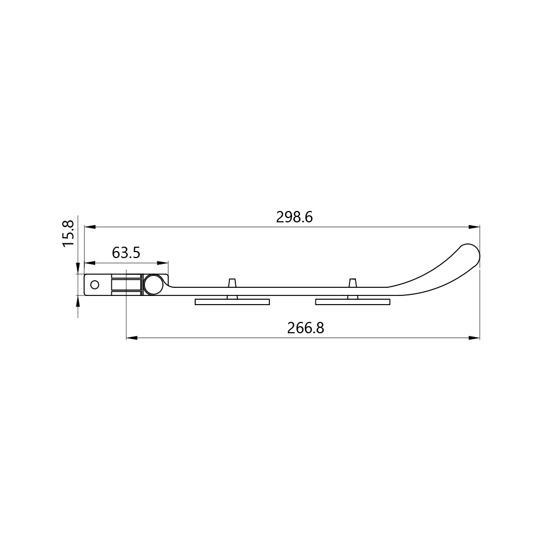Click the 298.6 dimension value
pyautogui.click(x=294, y=217)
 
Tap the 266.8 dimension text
pyautogui.click(x=306, y=328)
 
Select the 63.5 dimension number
pyautogui.click(x=126, y=253)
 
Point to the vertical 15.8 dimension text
pyautogui.click(x=69, y=234)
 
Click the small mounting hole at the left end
pyautogui.click(x=95, y=285)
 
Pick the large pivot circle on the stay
pyautogui.click(x=154, y=285)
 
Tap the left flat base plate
pyautogui.click(x=232, y=302)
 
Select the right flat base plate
pyautogui.click(x=353, y=302)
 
